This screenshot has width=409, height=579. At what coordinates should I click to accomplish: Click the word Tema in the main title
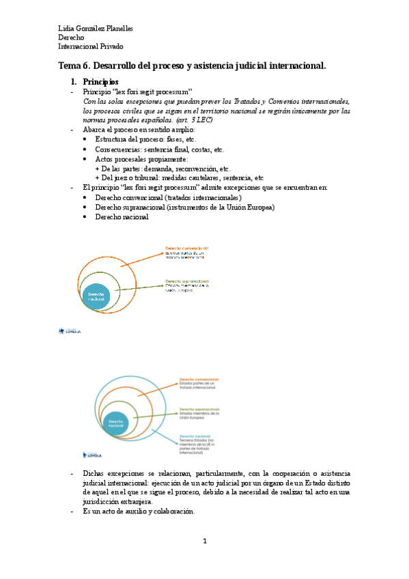72,66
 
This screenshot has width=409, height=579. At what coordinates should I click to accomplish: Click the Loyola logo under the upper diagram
70,331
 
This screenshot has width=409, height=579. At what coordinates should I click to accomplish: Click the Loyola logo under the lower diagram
93,453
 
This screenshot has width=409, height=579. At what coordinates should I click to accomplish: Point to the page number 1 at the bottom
204,541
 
